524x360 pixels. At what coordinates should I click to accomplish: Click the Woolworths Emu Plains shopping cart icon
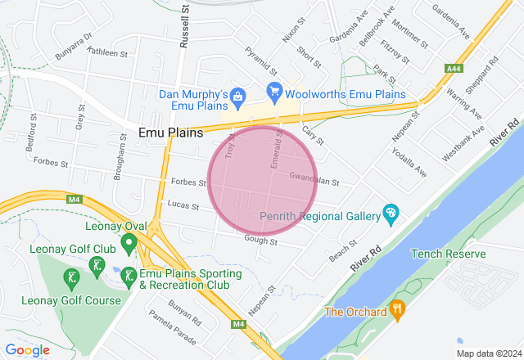[274, 89]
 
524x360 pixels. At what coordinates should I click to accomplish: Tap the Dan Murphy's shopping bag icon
[237, 97]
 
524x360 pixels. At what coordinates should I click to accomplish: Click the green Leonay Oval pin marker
[129, 243]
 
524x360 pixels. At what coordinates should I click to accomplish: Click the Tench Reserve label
[448, 254]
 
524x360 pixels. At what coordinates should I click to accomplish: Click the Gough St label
[261, 241]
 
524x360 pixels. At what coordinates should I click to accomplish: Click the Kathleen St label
[109, 53]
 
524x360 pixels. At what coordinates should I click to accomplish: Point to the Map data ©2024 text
[488, 353]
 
